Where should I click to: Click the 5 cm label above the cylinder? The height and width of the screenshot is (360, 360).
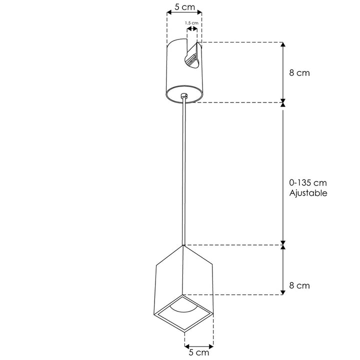[184, 8]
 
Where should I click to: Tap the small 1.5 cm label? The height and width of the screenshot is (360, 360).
[191, 23]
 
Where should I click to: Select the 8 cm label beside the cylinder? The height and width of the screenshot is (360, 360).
[299, 72]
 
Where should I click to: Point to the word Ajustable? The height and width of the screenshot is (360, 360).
[308, 193]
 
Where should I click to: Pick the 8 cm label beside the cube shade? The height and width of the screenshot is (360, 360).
[299, 286]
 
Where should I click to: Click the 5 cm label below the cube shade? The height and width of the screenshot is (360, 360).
[199, 352]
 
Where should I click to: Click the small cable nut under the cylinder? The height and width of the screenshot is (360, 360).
[184, 95]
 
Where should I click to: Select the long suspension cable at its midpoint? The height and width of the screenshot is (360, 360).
[184, 172]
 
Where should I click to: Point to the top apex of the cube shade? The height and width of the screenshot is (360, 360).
[184, 245]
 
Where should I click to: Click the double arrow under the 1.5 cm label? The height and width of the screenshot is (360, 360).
[191, 29]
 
